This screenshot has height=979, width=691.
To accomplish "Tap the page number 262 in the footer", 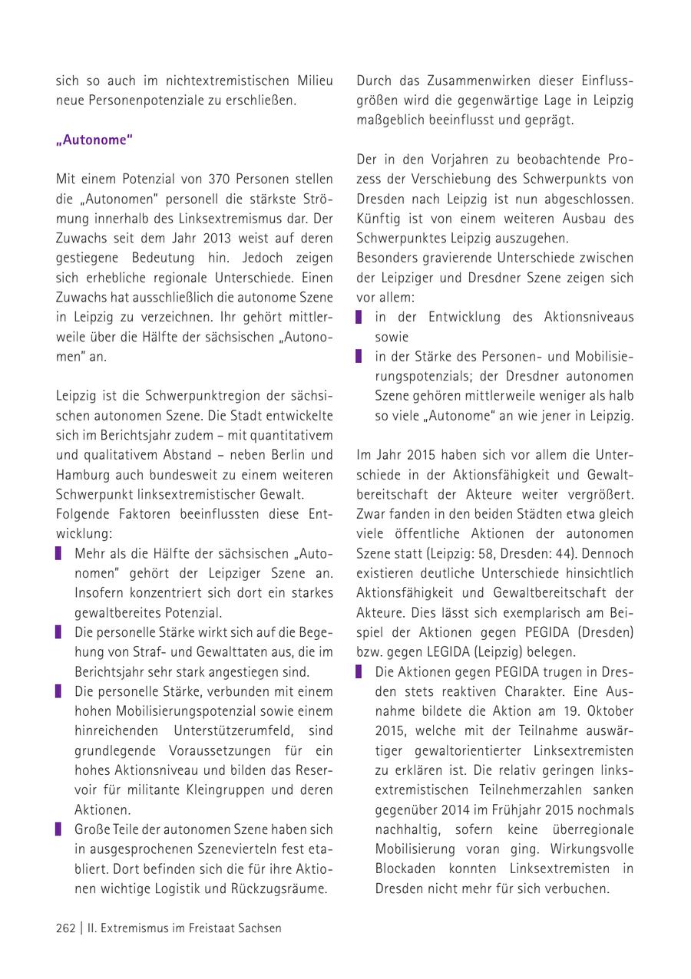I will pyautogui.click(x=65, y=928).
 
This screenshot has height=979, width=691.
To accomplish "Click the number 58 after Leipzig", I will pyautogui.click(x=484, y=552).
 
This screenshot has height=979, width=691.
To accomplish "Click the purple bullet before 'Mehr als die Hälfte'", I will pyautogui.click(x=59, y=553).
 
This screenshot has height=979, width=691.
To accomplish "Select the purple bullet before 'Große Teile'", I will pyautogui.click(x=59, y=829).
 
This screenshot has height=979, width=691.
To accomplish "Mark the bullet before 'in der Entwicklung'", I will pyautogui.click(x=359, y=317).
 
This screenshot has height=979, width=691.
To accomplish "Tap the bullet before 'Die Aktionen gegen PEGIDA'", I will pyautogui.click(x=359, y=672).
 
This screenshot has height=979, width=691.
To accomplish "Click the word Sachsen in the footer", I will pyautogui.click(x=258, y=928).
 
